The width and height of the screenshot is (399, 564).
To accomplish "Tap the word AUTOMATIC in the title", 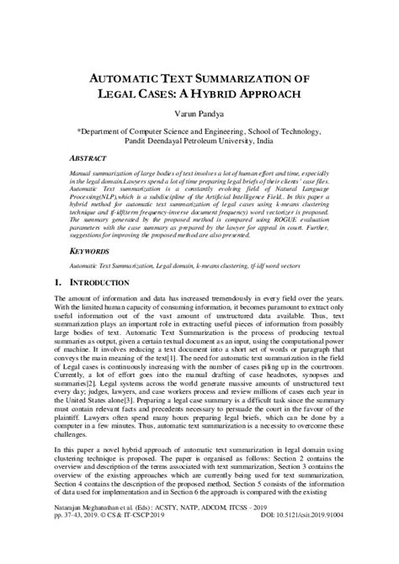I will coord(120,77).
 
